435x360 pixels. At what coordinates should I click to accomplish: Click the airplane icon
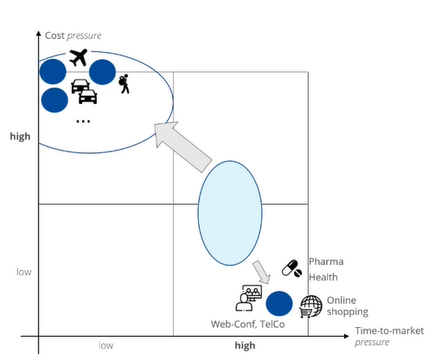(79, 57)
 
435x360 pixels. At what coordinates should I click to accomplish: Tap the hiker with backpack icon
(125, 84)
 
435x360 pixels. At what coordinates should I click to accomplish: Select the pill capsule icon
(291, 268)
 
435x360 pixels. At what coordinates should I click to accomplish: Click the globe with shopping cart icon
(311, 306)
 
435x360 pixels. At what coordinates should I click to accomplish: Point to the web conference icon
(249, 299)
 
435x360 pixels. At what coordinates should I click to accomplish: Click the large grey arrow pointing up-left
(182, 146)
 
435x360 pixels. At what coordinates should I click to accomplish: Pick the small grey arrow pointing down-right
(262, 272)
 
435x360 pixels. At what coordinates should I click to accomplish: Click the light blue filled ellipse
(230, 213)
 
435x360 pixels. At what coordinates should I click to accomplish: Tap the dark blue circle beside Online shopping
(278, 304)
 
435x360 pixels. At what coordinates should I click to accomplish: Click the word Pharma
(326, 261)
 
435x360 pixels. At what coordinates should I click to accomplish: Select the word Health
(323, 277)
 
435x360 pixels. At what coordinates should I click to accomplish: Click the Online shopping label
(348, 306)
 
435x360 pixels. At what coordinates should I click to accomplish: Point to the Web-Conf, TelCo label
(247, 325)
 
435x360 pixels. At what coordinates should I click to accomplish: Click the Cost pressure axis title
(74, 35)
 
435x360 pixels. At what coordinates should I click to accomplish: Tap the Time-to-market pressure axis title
(389, 336)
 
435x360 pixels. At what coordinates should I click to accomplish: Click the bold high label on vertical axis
(20, 136)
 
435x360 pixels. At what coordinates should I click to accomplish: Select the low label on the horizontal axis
(106, 345)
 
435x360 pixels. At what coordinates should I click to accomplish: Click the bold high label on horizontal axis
(245, 345)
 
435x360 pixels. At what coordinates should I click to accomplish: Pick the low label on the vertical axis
(24, 272)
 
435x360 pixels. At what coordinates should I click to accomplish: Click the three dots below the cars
(83, 121)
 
